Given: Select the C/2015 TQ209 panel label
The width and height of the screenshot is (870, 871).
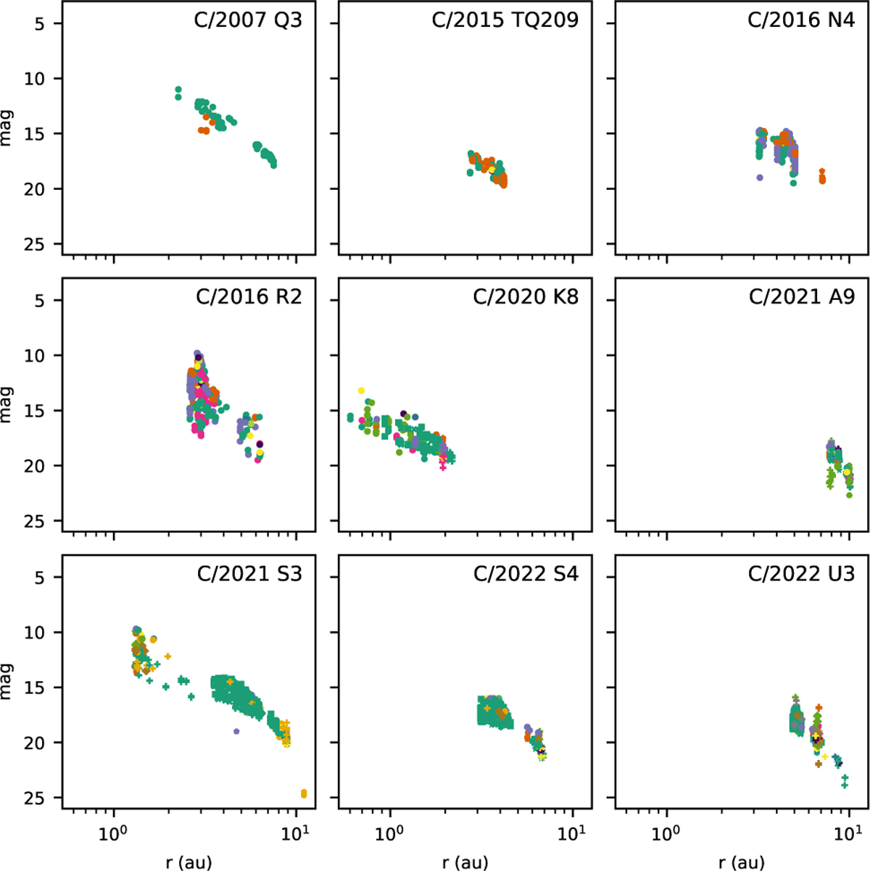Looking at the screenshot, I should coord(505,20).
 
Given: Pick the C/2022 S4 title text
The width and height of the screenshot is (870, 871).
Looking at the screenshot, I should coord(526,574).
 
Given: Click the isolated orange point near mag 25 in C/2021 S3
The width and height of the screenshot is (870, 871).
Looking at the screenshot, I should coord(304,793).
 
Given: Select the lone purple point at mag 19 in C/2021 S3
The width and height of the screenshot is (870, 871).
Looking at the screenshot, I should coord(236,731).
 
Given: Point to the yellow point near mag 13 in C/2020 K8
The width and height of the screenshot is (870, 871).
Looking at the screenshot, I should coord(361,391).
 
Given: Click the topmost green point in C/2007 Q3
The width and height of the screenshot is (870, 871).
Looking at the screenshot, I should coord(178,89).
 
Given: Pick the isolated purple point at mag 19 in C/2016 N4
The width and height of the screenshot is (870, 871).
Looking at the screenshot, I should coord(759,177).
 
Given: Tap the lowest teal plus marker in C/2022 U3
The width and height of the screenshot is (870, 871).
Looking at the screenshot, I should coord(845,785).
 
